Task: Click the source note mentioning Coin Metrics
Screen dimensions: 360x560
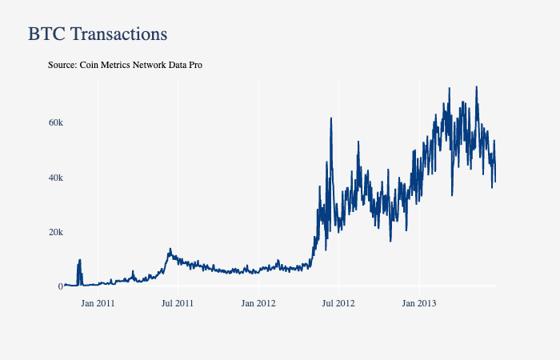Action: (125, 64)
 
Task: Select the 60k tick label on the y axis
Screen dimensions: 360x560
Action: (55, 122)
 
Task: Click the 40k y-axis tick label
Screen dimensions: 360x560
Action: (55, 177)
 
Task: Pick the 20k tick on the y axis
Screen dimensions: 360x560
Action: (55, 231)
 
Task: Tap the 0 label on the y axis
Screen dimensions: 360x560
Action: (60, 286)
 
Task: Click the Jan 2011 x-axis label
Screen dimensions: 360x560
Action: (98, 303)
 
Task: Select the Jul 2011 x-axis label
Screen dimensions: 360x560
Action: (178, 303)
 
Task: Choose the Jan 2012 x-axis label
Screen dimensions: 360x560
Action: (258, 303)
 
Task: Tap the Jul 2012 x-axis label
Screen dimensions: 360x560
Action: (338, 303)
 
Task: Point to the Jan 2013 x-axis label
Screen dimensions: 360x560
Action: (419, 303)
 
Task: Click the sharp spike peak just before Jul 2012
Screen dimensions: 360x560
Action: (331, 118)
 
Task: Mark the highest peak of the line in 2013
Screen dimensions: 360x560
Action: (477, 87)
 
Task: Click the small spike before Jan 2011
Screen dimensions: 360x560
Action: (80, 260)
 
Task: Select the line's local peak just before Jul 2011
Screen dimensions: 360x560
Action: (170, 249)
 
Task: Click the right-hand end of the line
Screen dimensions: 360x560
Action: (495, 182)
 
